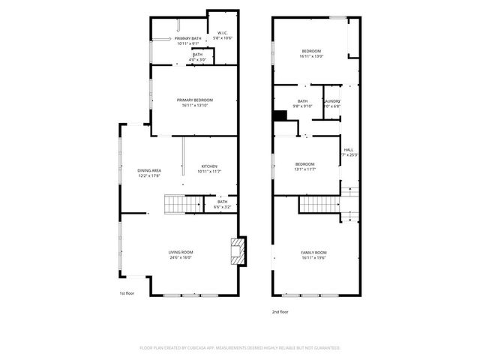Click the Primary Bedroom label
click(195, 100)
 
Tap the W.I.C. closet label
click(223, 33)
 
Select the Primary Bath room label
click(188, 38)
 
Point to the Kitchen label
click(209, 166)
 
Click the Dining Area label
click(149, 170)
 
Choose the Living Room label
click(180, 252)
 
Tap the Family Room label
click(313, 253)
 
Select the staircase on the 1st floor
click(184, 202)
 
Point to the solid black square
click(280, 115)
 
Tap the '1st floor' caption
click(127, 293)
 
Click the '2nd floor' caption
click(280, 311)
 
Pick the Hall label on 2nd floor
click(349, 149)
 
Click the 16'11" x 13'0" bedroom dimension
click(311, 55)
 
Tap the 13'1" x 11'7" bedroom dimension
click(304, 169)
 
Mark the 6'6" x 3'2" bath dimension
click(222, 206)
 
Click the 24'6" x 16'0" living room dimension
click(180, 257)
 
